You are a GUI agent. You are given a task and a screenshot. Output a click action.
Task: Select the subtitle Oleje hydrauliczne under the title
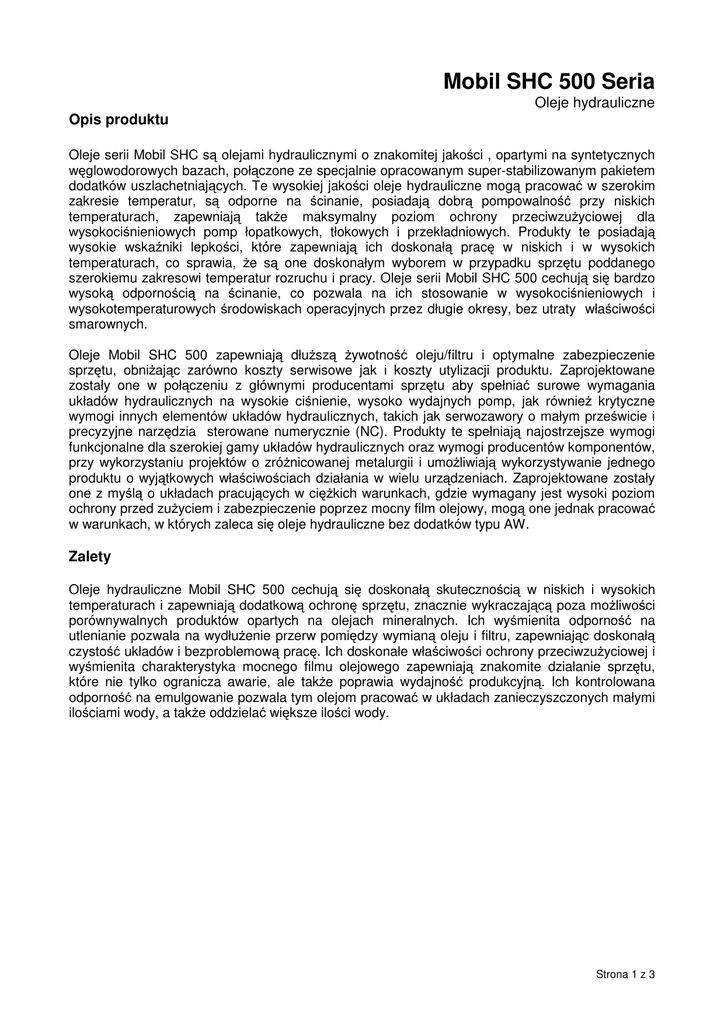(x=594, y=102)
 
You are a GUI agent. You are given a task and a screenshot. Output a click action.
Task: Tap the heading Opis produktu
(x=118, y=120)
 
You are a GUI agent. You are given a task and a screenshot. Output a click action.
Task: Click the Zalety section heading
(x=90, y=556)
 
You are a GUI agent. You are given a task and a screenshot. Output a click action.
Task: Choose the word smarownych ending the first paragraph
(x=107, y=324)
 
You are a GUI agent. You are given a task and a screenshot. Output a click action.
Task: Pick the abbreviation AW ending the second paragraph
(x=514, y=524)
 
